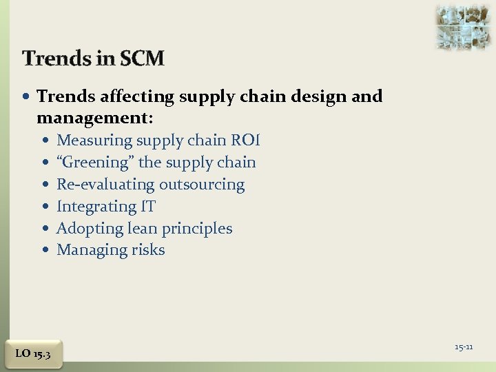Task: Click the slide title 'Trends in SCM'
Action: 93,59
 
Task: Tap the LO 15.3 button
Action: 32,353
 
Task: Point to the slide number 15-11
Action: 464,347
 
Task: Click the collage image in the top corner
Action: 462,26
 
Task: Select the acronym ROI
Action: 245,141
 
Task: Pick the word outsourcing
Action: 202,185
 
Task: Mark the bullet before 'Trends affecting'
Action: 27,97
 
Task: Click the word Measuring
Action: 94,141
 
